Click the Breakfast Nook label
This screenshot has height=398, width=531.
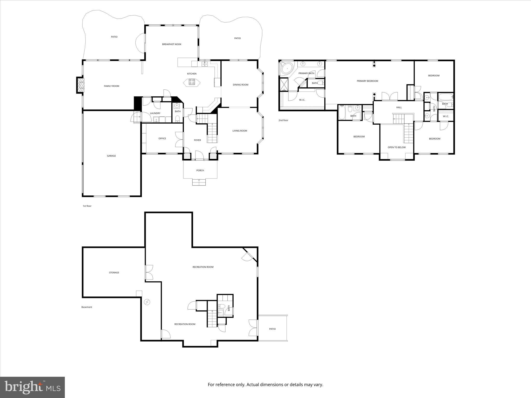point(172,44)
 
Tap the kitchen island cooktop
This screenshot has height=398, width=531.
point(192,82)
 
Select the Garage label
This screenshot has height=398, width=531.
point(111,156)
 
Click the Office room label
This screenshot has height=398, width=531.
point(162,138)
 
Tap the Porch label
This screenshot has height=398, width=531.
point(200,170)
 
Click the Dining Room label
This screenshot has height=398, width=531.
point(240,85)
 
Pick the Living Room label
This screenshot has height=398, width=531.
point(240,131)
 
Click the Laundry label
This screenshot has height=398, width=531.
point(155,113)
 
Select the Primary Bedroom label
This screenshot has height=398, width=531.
point(367,81)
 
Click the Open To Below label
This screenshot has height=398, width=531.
point(396,147)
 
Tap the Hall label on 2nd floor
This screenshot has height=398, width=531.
point(399,107)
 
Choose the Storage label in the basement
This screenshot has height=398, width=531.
point(114,273)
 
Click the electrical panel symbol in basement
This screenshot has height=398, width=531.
point(147,302)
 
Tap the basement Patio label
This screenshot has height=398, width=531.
point(272,329)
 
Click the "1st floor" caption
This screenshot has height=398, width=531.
point(87,206)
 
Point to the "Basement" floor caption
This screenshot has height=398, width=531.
point(87,307)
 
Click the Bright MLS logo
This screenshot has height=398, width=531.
point(32,387)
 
